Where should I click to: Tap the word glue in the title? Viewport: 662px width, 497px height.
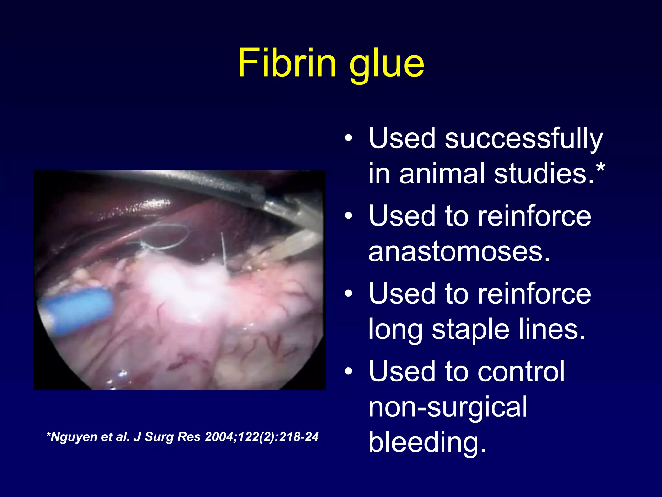tap(387, 65)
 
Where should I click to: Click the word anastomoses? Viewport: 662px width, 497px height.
tap(459, 252)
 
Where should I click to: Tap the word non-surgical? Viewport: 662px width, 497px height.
tap(448, 407)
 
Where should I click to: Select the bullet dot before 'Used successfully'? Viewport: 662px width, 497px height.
tap(348, 138)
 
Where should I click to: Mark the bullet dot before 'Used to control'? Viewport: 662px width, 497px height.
tap(348, 371)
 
